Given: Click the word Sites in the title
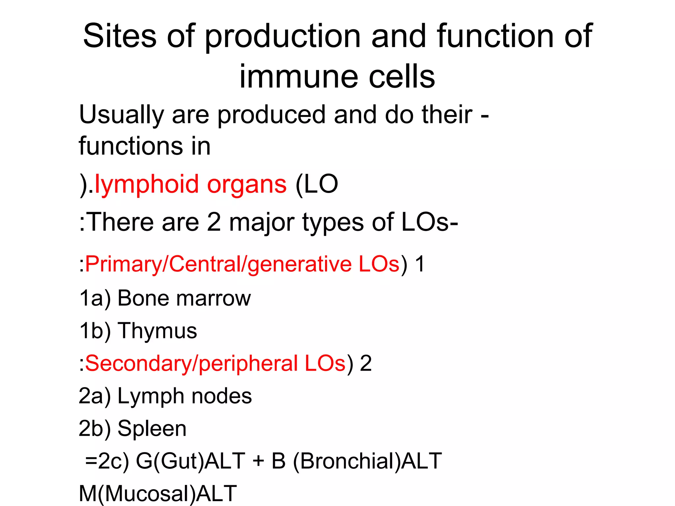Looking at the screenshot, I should coord(119,36).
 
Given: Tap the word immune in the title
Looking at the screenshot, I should coord(298,77).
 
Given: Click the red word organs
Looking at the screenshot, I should coord(247,184).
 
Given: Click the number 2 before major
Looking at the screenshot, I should coord(214,222).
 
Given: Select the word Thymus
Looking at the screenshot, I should coord(158,331).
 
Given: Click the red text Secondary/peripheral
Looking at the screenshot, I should coord(191,364).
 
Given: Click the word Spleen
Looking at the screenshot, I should coord(152,429).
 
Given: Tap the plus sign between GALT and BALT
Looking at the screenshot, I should coord(259,461).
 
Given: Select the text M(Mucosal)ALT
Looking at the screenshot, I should coord(158,493).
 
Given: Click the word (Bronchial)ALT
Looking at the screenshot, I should coord(367,461).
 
